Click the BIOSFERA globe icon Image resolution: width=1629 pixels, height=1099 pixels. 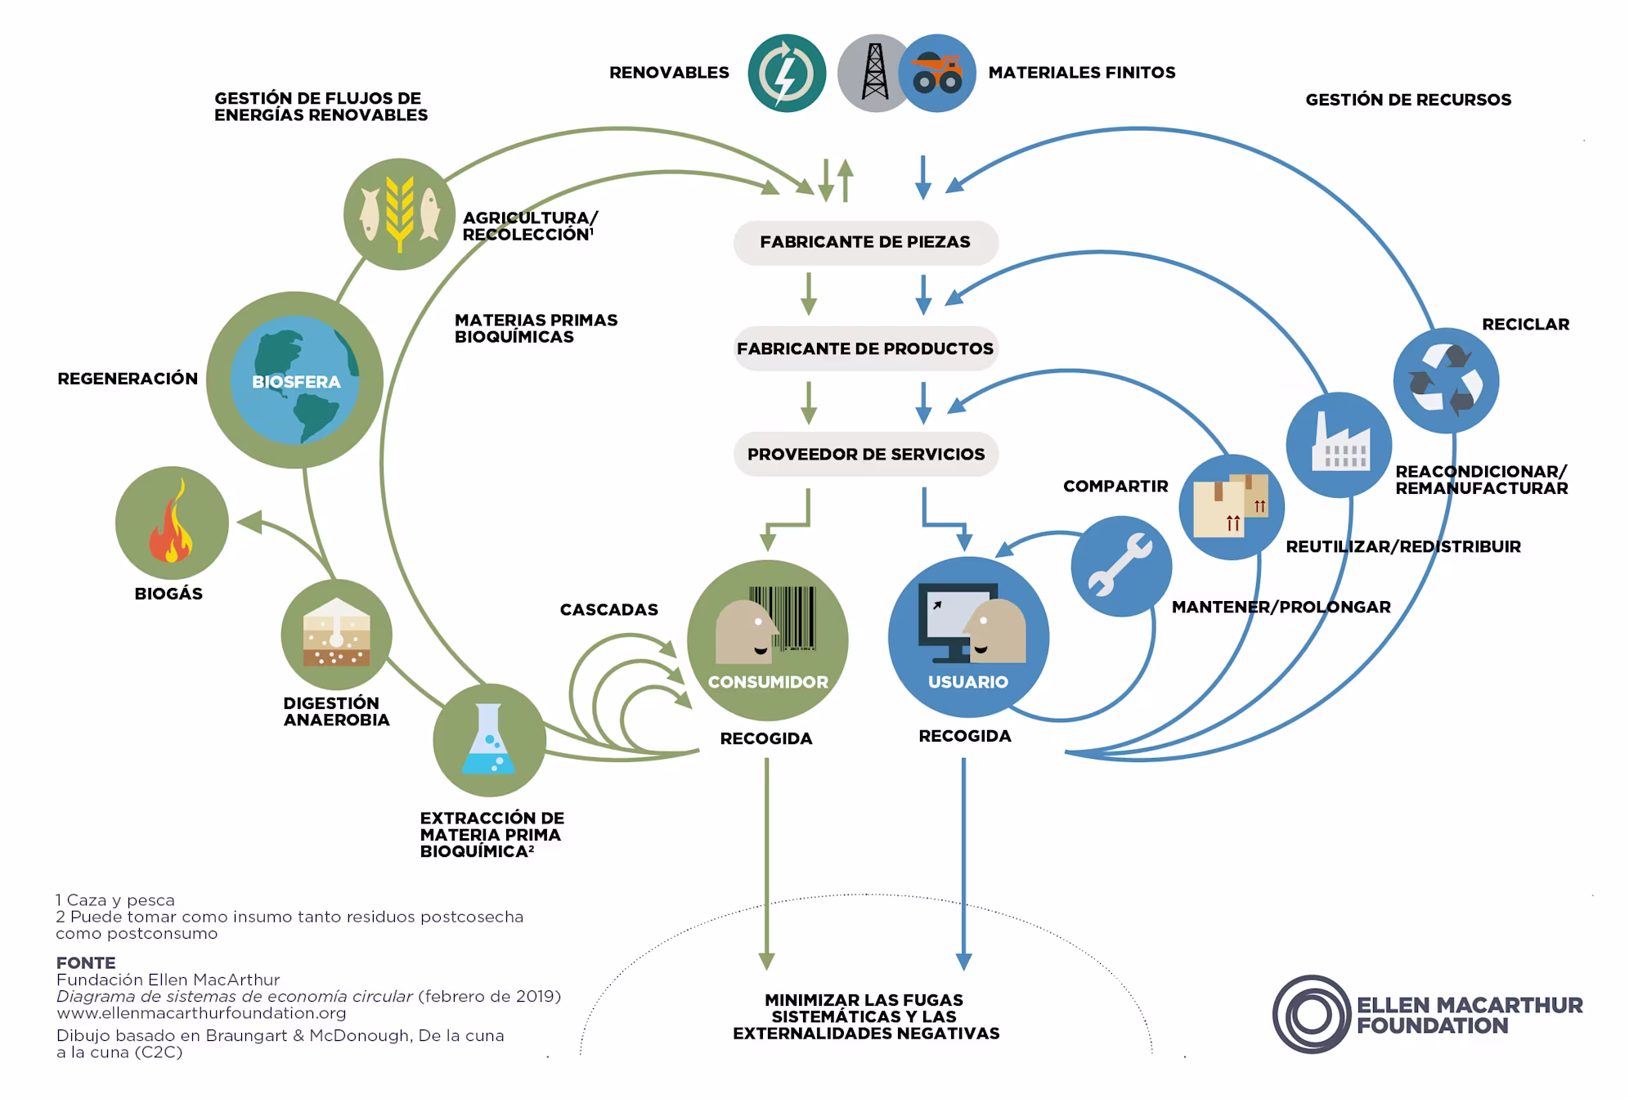295,380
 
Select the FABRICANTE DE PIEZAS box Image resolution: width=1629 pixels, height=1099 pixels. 865,242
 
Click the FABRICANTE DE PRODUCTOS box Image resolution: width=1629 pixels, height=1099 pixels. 865,348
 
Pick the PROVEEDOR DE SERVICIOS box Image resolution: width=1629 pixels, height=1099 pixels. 866,454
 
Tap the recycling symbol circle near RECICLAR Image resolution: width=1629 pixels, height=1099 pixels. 1446,380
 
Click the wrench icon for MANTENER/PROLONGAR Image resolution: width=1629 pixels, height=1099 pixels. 1121,566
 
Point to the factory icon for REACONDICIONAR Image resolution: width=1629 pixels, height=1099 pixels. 1339,445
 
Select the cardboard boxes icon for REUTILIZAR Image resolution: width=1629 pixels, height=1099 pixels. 1232,507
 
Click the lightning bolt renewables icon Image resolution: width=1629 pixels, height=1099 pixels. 787,73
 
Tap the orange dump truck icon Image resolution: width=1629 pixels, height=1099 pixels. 937,73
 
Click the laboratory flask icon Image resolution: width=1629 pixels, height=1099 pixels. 489,740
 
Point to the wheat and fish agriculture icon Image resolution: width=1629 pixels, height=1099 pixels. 399,214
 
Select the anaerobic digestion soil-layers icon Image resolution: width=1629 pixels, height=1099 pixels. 336,635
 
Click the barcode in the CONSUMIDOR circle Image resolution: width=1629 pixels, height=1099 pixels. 783,618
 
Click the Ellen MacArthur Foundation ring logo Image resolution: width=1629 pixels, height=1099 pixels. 1312,1015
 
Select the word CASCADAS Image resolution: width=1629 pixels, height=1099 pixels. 609,610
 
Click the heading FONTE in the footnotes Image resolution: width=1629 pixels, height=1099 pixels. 86,962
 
